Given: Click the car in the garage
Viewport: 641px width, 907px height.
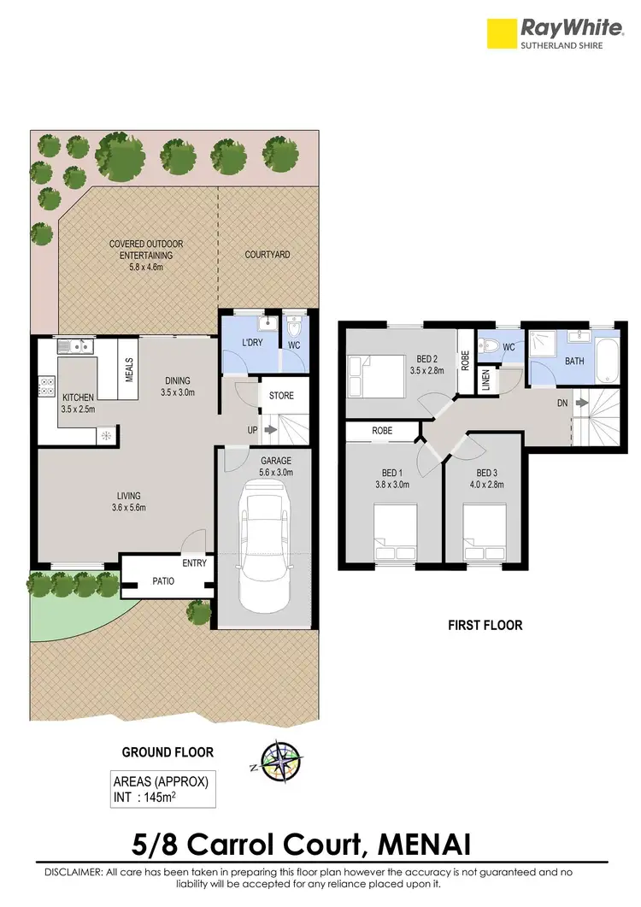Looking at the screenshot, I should coord(265,547).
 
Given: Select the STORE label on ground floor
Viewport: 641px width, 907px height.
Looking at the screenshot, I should coord(281,396).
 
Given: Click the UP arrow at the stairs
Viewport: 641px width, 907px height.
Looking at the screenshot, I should coord(271,430).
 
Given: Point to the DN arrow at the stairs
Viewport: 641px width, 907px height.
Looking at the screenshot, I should coord(580,401).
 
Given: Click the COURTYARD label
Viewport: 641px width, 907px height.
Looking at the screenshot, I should coord(268,255).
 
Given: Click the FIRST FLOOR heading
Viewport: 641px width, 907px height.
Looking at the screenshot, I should coord(485,626).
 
